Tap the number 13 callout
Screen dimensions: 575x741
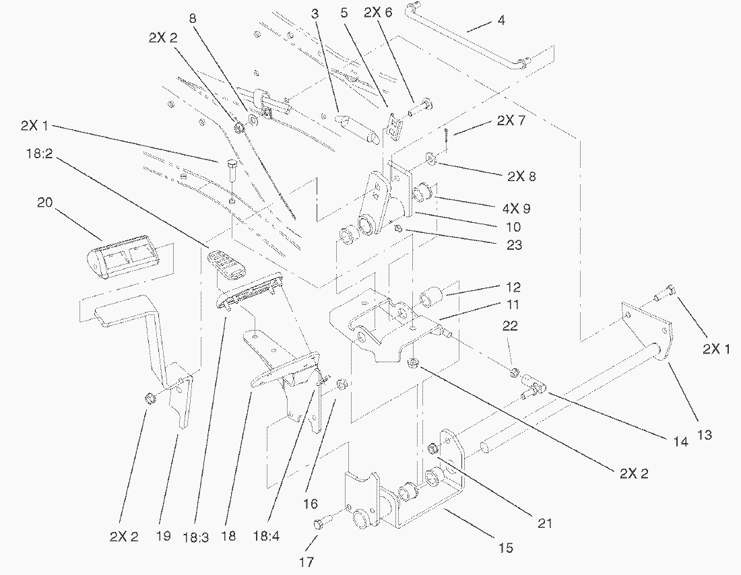click(x=703, y=436)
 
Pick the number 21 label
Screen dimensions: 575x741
click(x=545, y=522)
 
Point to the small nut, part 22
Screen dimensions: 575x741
click(x=514, y=373)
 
